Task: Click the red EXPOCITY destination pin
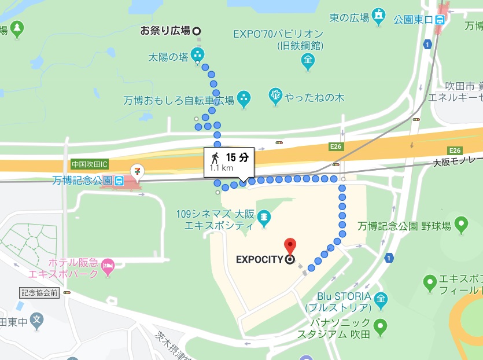290,245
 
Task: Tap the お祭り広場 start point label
165,31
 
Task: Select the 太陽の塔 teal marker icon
198,56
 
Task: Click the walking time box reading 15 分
230,157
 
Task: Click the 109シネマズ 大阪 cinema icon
264,218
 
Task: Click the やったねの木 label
315,98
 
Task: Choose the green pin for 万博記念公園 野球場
461,223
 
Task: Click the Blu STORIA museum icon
381,299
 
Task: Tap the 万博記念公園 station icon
118,181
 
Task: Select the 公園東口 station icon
440,19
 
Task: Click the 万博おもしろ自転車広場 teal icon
244,99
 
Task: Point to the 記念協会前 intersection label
39,292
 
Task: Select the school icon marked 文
37,319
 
